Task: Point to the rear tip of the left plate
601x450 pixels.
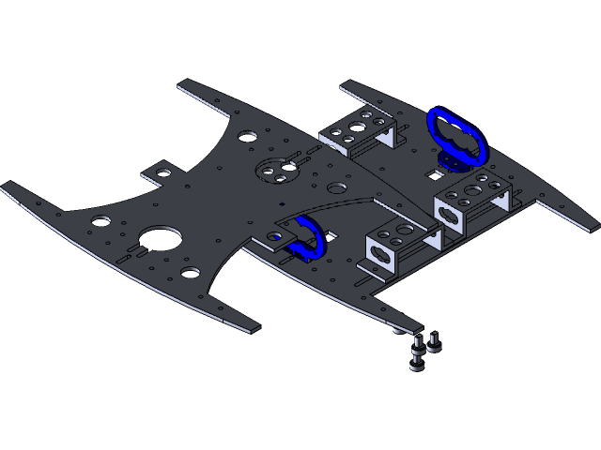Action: [x=182, y=84]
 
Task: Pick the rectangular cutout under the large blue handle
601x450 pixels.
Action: [x=434, y=172]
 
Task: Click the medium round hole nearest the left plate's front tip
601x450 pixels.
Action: [x=191, y=273]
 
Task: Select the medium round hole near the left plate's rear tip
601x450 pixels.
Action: [x=245, y=136]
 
